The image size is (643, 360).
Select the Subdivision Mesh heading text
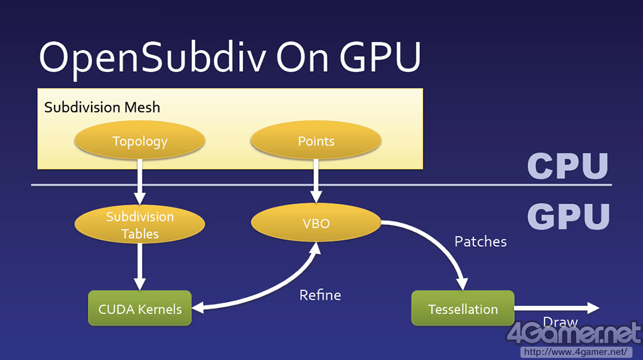click(102, 107)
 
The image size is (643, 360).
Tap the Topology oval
click(139, 141)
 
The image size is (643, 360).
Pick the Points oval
click(316, 141)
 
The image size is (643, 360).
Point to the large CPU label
click(568, 166)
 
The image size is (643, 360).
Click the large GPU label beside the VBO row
click(568, 215)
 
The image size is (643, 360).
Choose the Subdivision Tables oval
click(139, 225)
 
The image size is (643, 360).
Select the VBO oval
click(316, 223)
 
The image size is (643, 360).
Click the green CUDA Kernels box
click(139, 308)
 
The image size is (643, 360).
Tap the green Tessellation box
click(463, 308)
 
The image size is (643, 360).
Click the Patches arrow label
click(480, 241)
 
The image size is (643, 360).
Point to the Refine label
click(320, 295)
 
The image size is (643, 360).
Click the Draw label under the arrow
click(560, 322)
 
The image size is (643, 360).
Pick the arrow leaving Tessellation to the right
click(555, 308)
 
